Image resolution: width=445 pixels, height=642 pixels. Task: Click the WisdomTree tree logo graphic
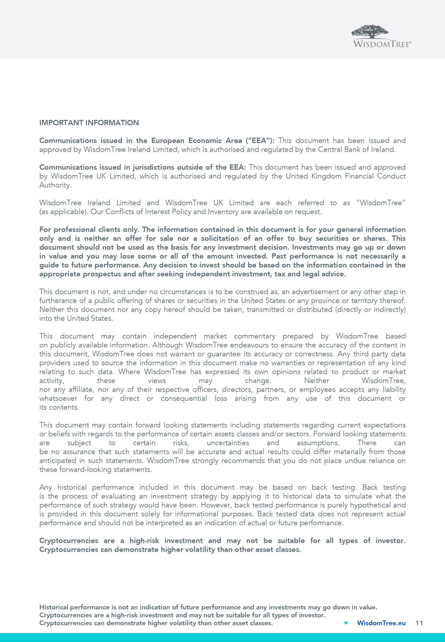click(370, 32)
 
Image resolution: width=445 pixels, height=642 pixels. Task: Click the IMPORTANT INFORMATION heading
click(89, 123)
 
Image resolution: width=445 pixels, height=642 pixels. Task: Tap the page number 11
click(419, 623)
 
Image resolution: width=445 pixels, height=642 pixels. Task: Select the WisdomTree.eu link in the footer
click(381, 623)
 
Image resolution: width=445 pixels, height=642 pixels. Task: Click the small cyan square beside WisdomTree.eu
click(346, 623)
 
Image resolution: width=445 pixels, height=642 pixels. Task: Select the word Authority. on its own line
click(55, 185)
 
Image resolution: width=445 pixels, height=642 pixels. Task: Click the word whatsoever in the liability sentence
click(58, 398)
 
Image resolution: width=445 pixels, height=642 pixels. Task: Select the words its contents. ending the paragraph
click(59, 408)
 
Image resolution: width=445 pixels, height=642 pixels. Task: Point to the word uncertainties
click(228, 443)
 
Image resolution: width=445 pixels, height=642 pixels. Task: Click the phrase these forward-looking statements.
click(95, 470)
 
